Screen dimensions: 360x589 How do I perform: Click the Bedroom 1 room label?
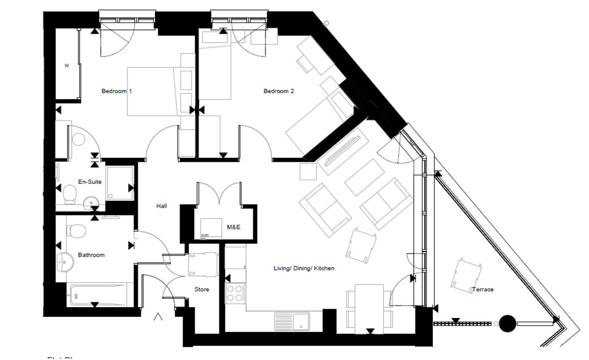116,91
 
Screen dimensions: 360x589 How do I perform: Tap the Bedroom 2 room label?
278,91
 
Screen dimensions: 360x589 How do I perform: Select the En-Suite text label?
90,182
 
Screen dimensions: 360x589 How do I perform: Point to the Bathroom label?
91,255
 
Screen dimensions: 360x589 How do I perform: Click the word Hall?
161,206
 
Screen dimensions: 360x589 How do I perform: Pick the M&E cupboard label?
233,227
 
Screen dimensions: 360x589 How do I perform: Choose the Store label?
202,289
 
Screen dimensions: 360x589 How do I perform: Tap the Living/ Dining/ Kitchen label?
304,268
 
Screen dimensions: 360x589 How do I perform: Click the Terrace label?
483,289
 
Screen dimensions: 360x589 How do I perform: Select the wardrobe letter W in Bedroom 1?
67,65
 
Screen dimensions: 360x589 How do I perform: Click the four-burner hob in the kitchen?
235,293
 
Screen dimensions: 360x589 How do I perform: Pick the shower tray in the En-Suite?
119,183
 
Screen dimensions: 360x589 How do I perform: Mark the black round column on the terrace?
508,323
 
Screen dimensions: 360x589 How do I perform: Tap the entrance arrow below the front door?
158,317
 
